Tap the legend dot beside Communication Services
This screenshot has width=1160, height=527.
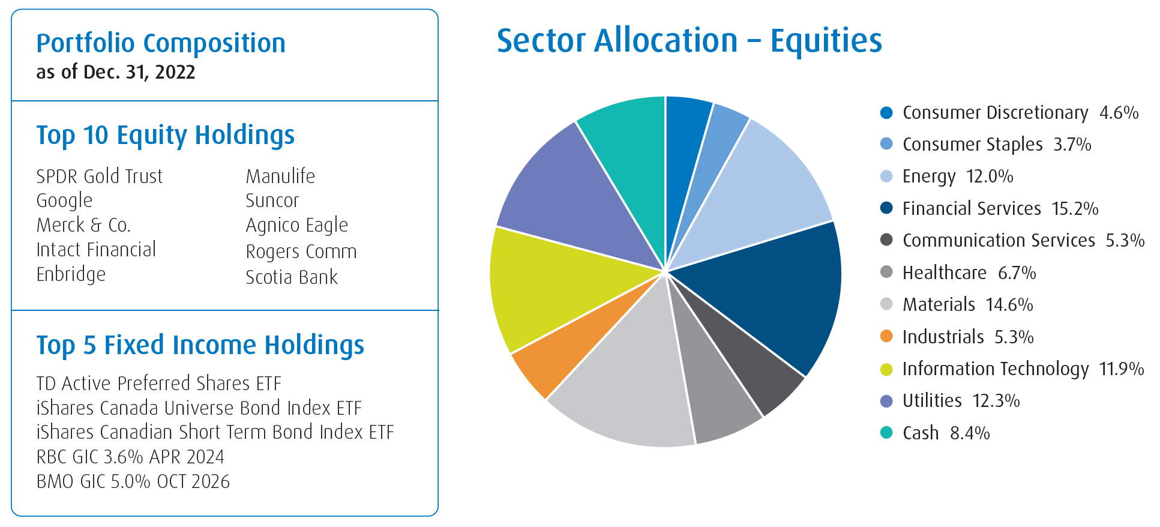pos(886,240)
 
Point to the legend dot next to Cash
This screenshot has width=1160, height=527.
pos(886,433)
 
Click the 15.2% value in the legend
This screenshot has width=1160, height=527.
pos(1075,209)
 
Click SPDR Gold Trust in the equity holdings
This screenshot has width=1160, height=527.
pos(100,176)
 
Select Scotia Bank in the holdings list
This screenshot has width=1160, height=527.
pos(292,277)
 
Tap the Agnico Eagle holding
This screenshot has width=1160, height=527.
pos(297,226)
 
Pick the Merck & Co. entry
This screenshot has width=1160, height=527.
pos(83,225)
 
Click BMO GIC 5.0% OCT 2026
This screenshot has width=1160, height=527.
pos(133,481)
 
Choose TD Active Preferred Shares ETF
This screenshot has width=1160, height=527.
pos(159,384)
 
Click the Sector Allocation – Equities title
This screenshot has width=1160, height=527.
pos(690,41)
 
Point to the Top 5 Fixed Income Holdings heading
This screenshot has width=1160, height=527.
pos(200,346)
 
